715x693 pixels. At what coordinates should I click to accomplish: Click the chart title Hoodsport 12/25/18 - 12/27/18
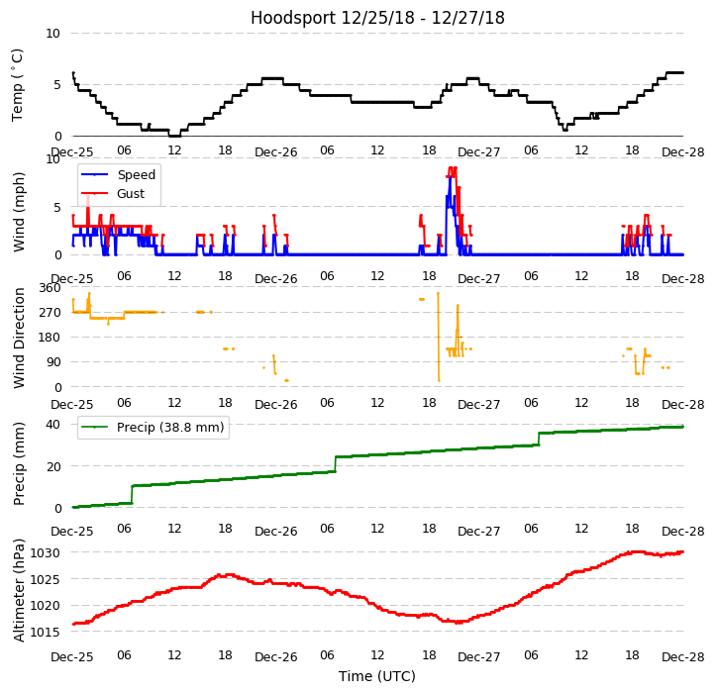[x=377, y=18]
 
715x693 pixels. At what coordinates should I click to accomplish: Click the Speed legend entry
[x=136, y=175]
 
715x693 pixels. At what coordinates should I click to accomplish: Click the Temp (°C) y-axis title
[x=18, y=84]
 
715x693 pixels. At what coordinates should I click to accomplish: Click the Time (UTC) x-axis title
[x=377, y=676]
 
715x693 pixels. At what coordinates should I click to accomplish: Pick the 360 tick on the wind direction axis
[x=50, y=288]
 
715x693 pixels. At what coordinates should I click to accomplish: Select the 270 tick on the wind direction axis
[x=50, y=313]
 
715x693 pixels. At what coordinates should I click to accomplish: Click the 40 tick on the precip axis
[x=53, y=424]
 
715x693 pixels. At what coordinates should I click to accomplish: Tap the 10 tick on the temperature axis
[x=53, y=34]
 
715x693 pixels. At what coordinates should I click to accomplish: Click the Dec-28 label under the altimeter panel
[x=682, y=657]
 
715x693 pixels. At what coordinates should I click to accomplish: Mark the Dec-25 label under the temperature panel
[x=72, y=152]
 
